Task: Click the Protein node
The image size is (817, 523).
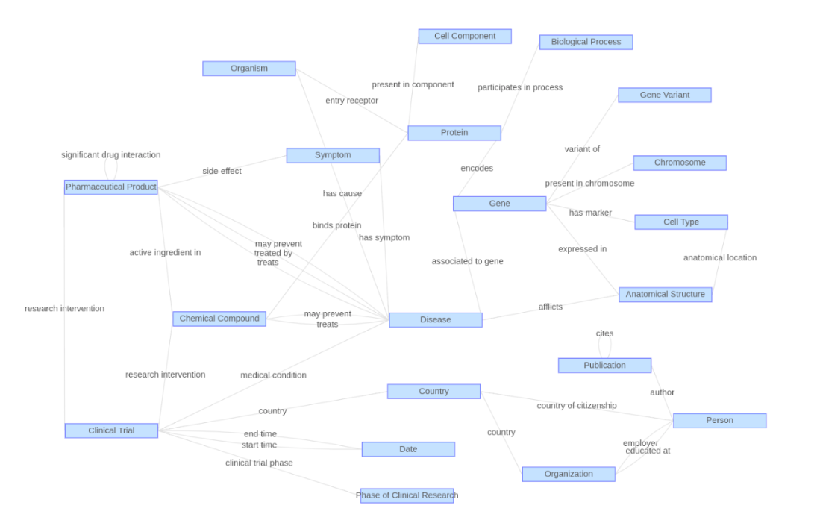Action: point(454,133)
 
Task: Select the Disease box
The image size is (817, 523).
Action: point(435,319)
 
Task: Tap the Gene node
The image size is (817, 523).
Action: point(499,204)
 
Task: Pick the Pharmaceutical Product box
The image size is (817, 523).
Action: point(110,187)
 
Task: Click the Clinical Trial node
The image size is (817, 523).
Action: point(111,430)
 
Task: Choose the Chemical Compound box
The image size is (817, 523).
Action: point(219,319)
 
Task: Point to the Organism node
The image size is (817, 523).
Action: point(248,69)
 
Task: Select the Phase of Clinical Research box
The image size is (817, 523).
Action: point(407,495)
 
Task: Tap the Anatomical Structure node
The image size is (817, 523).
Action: point(665,294)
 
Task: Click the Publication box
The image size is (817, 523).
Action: point(604,366)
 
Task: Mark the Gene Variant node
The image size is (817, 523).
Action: point(664,95)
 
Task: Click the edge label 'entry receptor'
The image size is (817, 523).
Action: point(351,101)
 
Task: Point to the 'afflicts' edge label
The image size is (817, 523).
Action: point(551,307)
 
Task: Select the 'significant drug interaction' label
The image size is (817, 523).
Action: point(110,155)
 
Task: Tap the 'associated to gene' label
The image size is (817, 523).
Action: point(467,261)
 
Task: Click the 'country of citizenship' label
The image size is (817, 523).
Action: point(577,406)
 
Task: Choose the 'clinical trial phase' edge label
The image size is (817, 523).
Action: point(259,463)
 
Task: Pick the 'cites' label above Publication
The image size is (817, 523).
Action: point(604,333)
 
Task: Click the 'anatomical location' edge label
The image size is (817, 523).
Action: point(719,258)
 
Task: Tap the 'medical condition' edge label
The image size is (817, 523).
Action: point(273,375)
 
